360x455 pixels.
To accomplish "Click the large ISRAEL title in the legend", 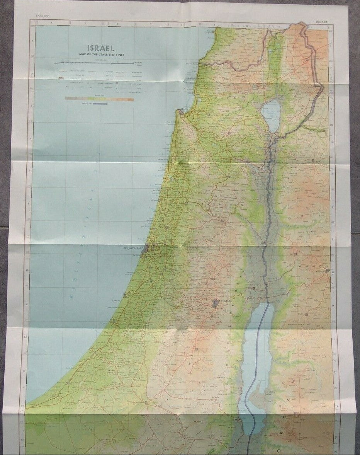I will click(100, 48).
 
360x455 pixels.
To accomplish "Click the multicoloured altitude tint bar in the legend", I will click(99, 99).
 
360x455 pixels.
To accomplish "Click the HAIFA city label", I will click(185, 109).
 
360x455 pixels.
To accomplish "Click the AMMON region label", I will click(318, 266).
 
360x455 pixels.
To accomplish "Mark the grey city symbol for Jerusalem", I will click(215, 303).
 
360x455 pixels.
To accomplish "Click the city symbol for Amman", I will click(328, 271).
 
